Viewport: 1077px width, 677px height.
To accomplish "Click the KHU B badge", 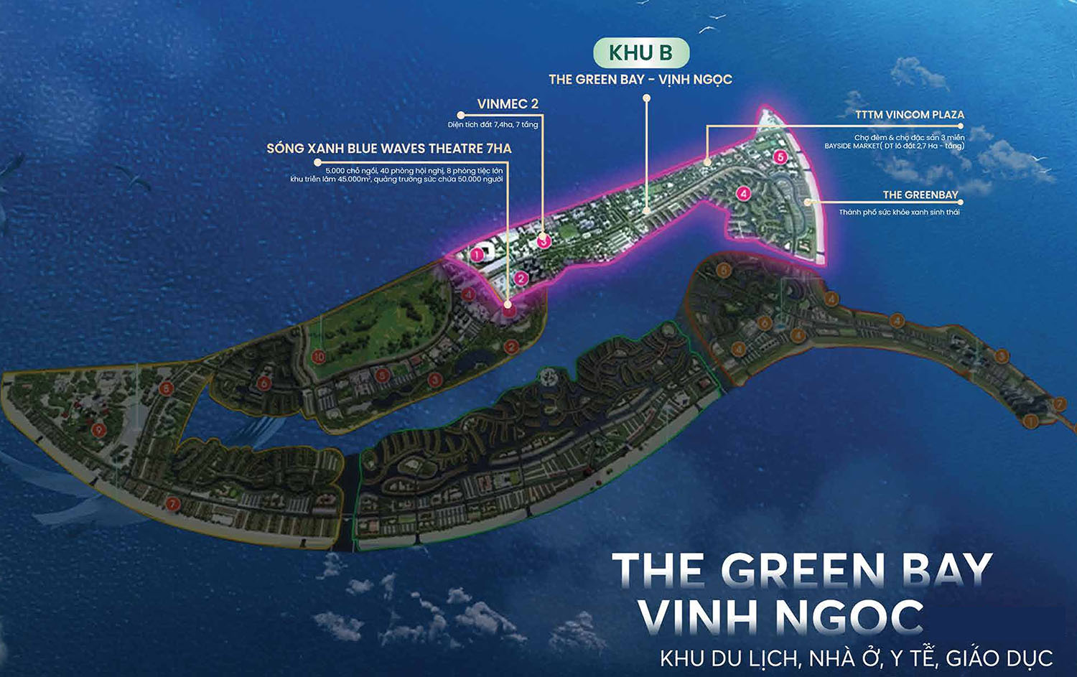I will point(640,53).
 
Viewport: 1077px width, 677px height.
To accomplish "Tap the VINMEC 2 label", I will point(508,104).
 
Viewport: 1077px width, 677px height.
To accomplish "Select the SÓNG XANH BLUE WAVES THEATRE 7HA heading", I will point(389,149).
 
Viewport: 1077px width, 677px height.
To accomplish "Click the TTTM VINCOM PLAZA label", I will point(910,115).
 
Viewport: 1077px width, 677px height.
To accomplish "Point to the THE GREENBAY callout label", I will point(920,195).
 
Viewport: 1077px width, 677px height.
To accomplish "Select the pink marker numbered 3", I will point(544,242).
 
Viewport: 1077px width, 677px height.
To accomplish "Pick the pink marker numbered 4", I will point(743,193).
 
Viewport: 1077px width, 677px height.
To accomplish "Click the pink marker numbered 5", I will point(780,157).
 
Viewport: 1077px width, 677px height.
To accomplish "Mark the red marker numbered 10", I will point(319,356).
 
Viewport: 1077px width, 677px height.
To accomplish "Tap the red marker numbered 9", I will point(98,429).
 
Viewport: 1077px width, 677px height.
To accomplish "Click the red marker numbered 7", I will point(172,504).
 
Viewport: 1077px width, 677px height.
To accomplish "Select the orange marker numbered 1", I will point(1030,421).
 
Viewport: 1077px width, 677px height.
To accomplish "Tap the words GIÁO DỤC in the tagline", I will point(999,658).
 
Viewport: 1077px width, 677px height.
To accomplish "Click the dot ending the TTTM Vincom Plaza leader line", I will point(707,163).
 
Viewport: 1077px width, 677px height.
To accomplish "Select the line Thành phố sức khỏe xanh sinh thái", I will point(899,213).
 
